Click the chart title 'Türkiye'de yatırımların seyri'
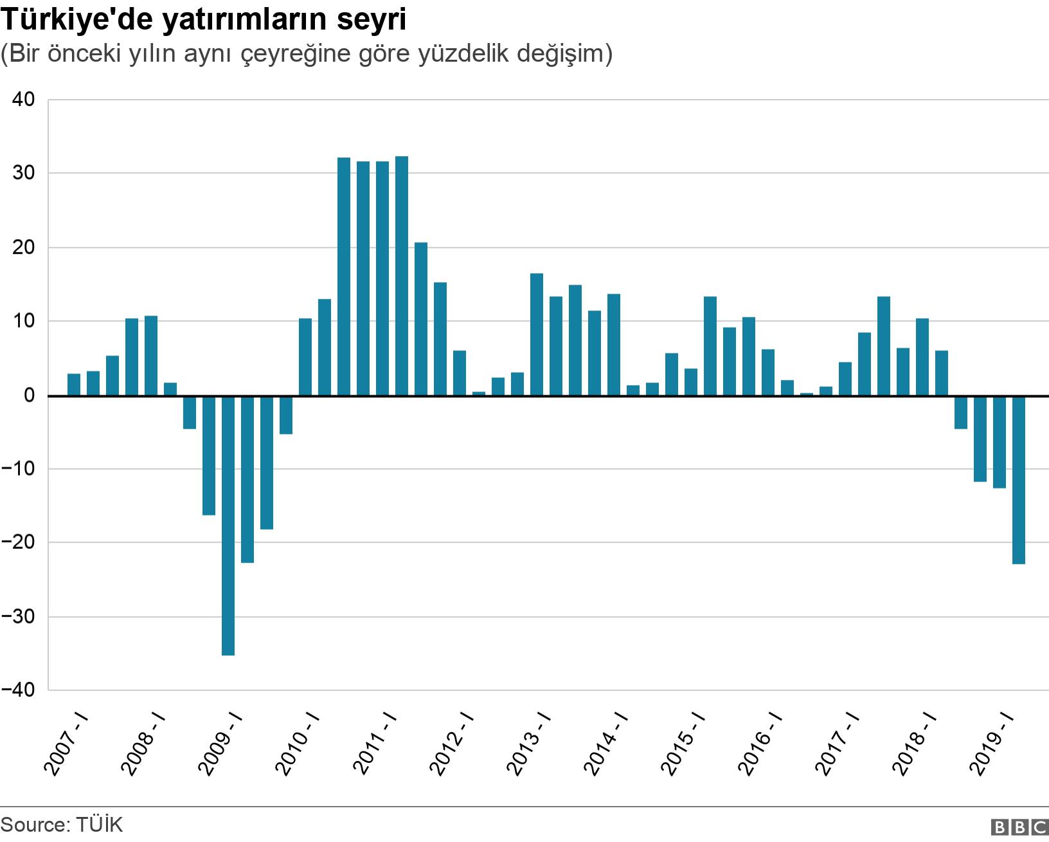[204, 20]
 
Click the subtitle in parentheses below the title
[307, 54]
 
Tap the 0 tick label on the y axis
[29, 395]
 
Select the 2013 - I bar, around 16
[537, 334]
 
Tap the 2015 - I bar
[691, 382]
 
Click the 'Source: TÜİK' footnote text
[62, 825]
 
